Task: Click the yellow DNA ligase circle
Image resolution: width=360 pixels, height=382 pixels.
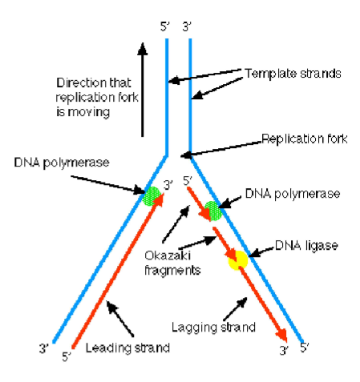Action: (238, 259)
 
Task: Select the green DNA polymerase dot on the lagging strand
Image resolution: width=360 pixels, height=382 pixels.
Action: (212, 211)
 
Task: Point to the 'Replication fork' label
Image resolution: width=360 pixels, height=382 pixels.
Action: (305, 138)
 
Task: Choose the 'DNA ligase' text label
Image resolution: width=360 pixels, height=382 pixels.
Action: (301, 244)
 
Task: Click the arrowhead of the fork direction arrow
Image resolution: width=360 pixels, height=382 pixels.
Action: (142, 47)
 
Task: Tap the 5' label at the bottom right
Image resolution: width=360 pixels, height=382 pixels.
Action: (305, 349)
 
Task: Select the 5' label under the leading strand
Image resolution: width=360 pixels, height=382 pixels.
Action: (67, 356)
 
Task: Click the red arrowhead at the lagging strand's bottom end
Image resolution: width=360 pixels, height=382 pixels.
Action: (281, 334)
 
